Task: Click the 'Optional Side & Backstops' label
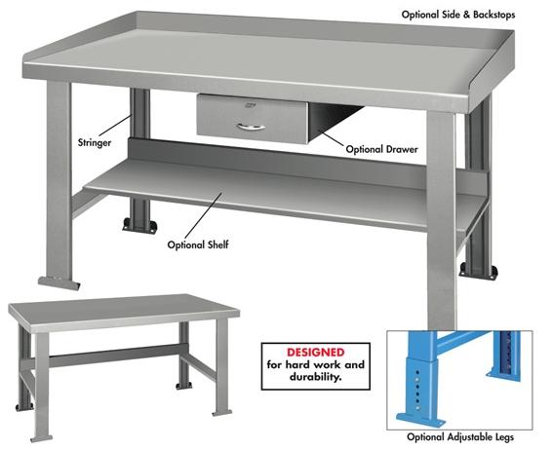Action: pos(471,15)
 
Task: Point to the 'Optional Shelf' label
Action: pos(197,244)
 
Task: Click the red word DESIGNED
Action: pos(317,349)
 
